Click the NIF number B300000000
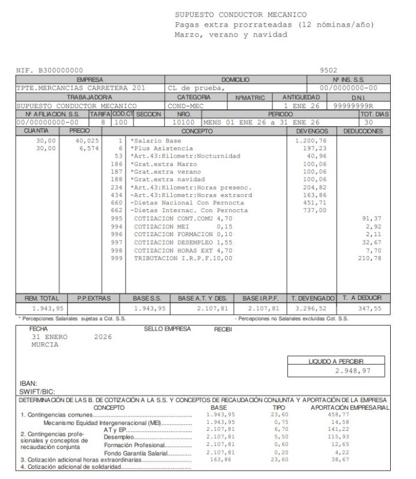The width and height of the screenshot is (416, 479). [x=58, y=71]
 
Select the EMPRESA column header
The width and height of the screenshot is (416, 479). [x=90, y=79]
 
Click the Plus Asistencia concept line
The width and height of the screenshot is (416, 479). [x=162, y=148]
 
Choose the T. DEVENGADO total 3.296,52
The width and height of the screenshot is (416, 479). [x=311, y=308]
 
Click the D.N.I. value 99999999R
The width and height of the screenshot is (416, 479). [x=359, y=105]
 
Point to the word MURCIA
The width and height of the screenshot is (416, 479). [x=45, y=345]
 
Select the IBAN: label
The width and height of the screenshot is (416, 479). [x=28, y=382]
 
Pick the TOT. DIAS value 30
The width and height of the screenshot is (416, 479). [x=369, y=122]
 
